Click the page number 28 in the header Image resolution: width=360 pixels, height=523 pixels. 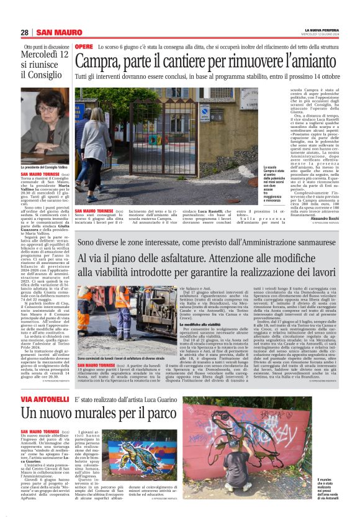[x=24, y=32]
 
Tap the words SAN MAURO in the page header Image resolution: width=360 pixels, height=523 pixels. [x=55, y=32]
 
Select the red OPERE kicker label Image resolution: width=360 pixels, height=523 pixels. [x=84, y=47]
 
